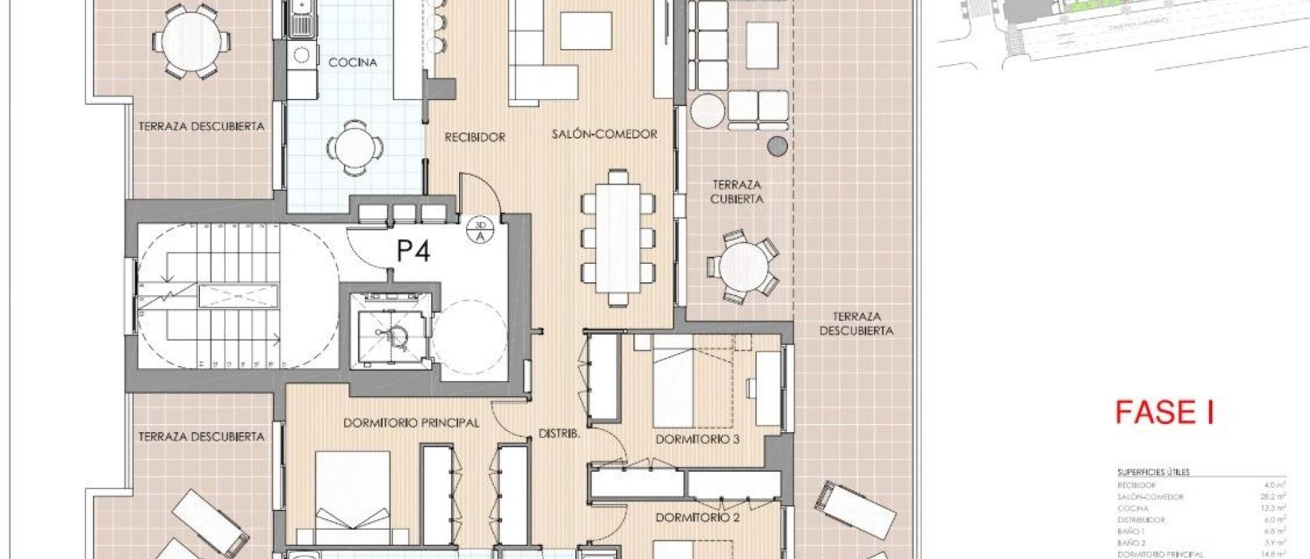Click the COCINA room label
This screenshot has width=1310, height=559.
click(353, 63)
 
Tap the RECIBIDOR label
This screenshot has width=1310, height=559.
click(475, 138)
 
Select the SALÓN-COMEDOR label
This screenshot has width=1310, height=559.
click(605, 134)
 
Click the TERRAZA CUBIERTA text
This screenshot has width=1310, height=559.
click(737, 192)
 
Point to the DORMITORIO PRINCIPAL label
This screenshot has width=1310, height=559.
click(411, 423)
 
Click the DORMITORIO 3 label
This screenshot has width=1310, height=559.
click(697, 440)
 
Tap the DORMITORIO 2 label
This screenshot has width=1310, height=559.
click(697, 518)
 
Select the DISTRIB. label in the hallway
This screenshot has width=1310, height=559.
click(559, 434)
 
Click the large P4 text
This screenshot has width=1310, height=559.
click(413, 252)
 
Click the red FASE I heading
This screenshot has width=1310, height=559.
click(1165, 413)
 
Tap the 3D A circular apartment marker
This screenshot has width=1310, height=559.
click(480, 230)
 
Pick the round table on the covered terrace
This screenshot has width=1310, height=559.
click(742, 267)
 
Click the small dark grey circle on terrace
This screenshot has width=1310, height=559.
click(777, 146)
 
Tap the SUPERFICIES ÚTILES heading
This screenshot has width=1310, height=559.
click(1153, 472)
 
